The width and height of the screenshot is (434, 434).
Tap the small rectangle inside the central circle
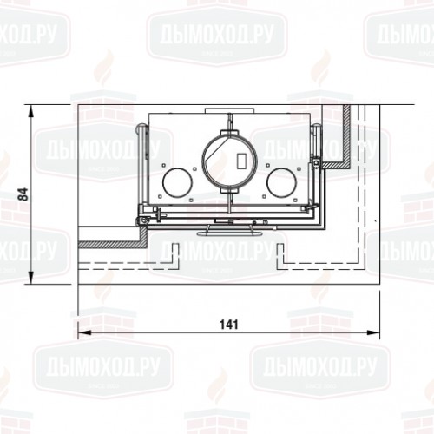240,162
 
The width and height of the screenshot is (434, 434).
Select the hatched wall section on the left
108,242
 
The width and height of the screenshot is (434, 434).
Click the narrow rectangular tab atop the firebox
229,109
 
